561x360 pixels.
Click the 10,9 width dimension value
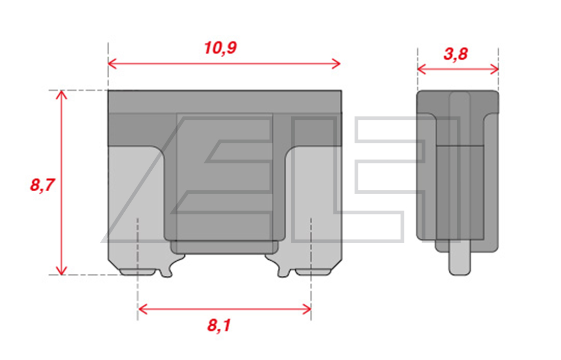click(x=220, y=48)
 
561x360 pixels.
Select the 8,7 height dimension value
click(x=42, y=185)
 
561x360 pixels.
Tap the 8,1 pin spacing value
click(x=219, y=325)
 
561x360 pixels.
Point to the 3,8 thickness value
click(x=456, y=54)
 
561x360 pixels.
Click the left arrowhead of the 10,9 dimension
click(x=112, y=64)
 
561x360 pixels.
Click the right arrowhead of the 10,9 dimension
click(x=336, y=64)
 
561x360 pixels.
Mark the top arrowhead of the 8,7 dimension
click(x=62, y=95)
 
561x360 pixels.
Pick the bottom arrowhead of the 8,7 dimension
click(x=62, y=270)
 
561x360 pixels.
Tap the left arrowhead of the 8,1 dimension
click(x=143, y=309)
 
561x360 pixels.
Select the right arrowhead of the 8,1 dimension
click(x=306, y=309)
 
